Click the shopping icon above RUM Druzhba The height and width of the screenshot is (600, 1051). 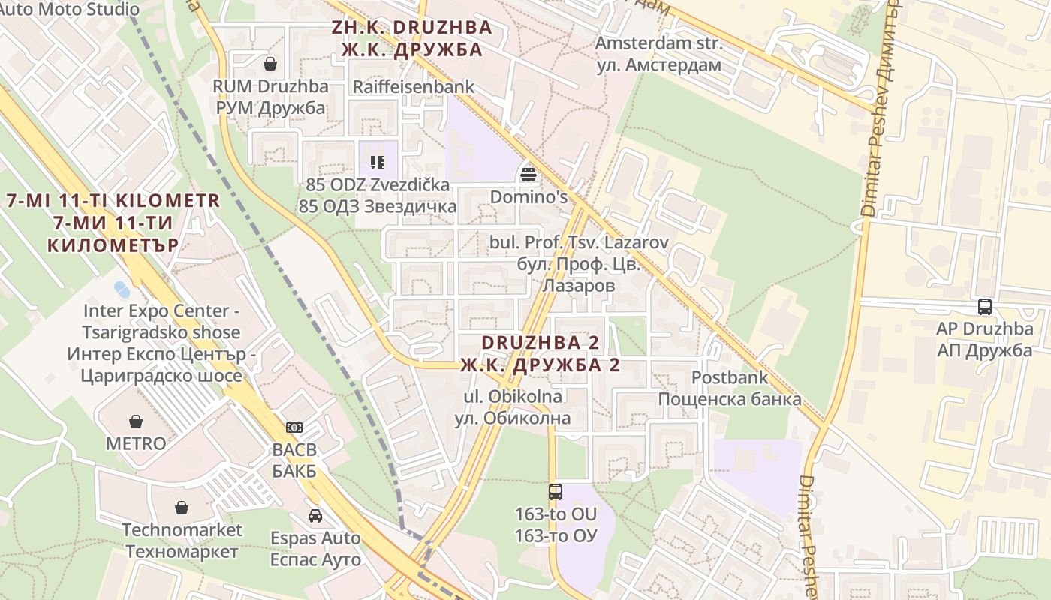270,64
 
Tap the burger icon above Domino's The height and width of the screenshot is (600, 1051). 529,175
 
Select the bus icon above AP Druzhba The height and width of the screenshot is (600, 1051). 985,307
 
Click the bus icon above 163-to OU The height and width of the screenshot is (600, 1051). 556,492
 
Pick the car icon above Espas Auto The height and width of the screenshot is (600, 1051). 315,516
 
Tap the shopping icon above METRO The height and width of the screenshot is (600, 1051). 136,421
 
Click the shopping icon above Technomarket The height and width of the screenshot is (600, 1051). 182,508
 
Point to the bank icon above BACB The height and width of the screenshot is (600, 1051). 294,427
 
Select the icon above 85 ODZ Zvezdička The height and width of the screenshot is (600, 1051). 378,162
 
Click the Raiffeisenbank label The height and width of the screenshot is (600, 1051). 414,86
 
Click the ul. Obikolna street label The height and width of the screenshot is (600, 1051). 513,406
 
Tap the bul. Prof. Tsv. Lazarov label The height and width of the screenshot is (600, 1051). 578,264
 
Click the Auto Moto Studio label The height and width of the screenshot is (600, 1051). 69,9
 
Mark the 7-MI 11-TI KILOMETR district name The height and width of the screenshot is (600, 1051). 113,223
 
